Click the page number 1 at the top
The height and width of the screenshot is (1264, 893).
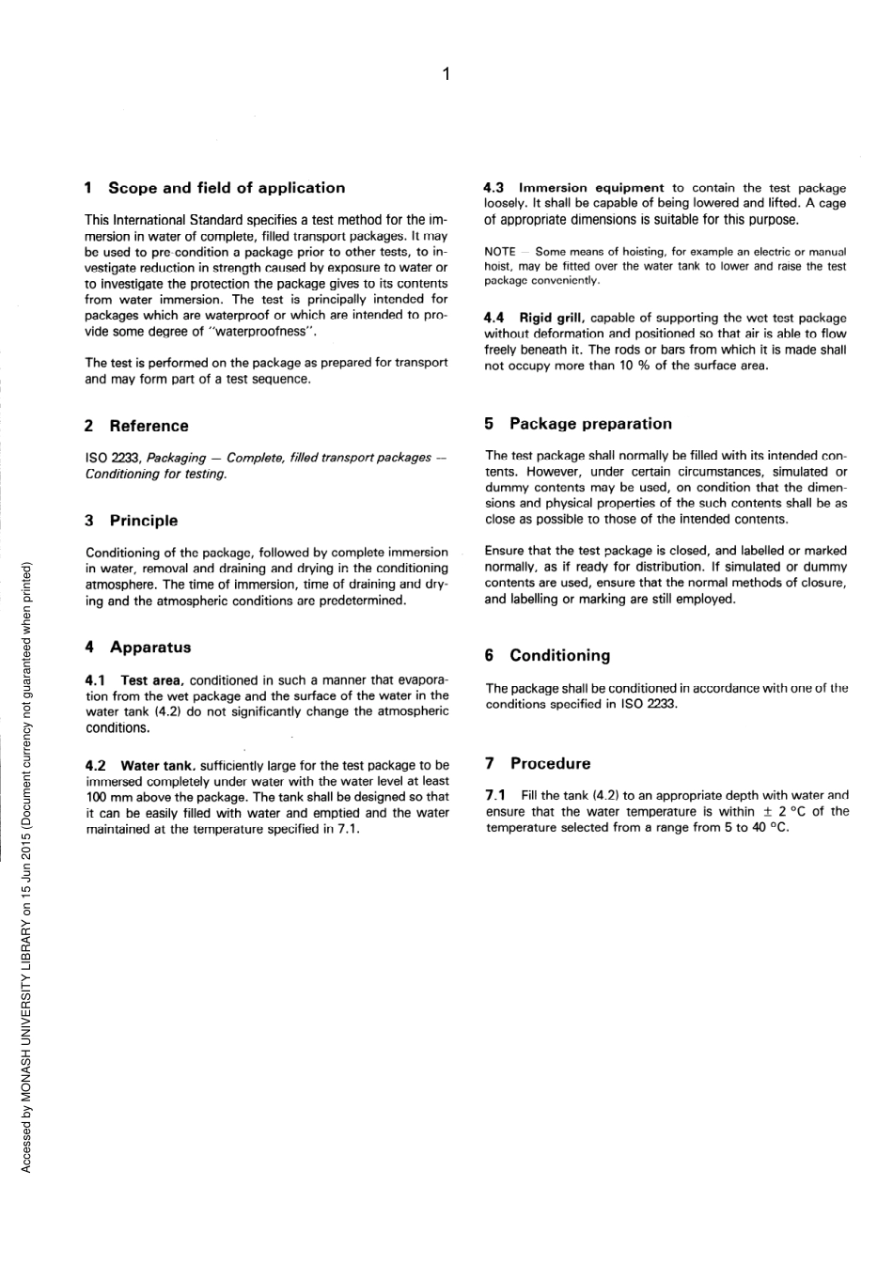pos(446,74)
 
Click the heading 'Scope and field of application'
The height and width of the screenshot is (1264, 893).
pos(227,188)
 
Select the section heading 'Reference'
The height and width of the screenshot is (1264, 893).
pos(149,426)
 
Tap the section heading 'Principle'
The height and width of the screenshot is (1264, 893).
pos(143,521)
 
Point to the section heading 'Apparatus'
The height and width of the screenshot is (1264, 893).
pos(149,648)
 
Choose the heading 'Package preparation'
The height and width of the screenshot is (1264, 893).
pos(590,424)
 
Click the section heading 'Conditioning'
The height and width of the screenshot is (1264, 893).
pos(559,656)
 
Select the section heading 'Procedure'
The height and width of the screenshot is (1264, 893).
pos(550,764)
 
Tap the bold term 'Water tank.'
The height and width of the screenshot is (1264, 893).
pos(157,766)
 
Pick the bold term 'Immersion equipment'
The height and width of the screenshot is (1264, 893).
pos(591,188)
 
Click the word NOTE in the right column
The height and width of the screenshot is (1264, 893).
pos(500,252)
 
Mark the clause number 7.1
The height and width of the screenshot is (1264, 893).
pos(495,796)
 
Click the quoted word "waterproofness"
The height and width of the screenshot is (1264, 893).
pos(260,332)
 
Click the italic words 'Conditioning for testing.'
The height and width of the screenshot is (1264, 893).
pos(156,475)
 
